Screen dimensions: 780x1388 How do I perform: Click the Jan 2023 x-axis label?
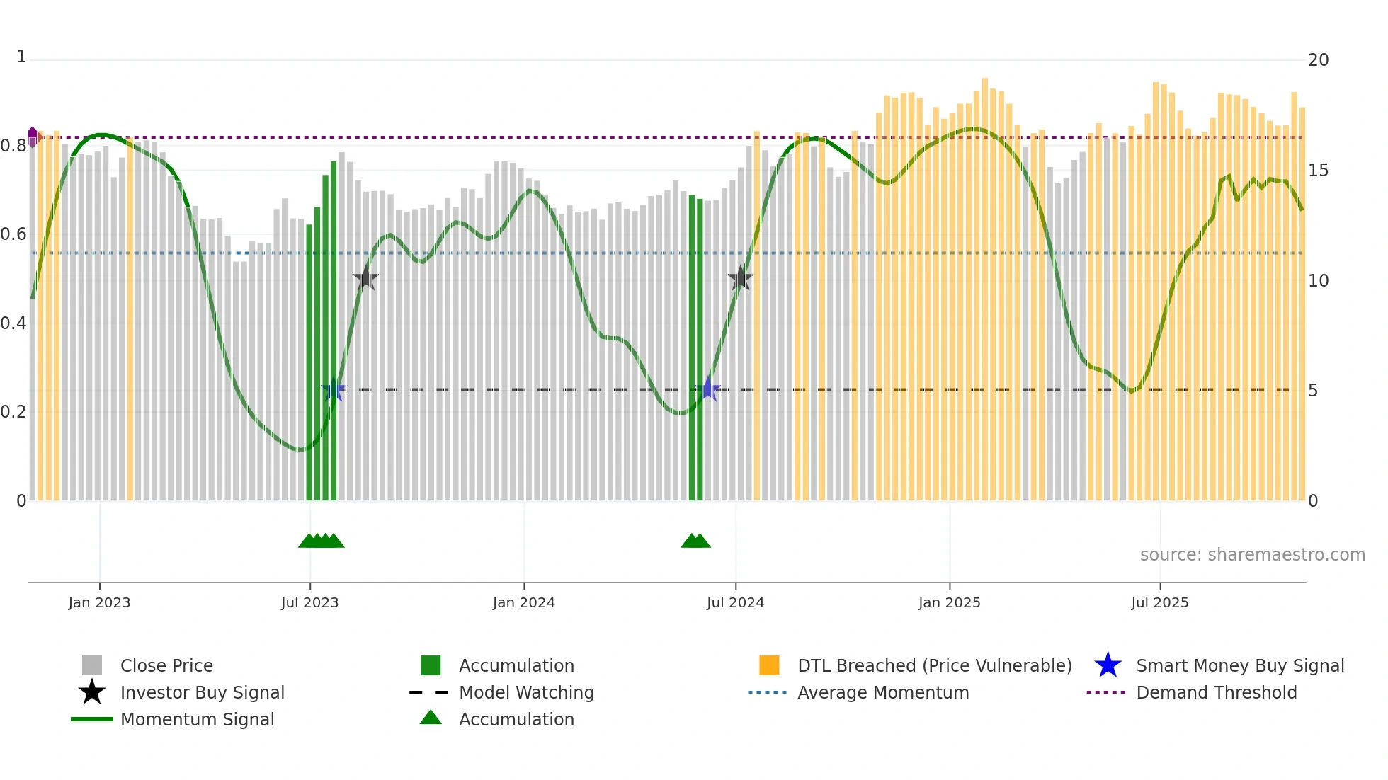point(99,602)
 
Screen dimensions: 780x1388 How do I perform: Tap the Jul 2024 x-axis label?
point(735,602)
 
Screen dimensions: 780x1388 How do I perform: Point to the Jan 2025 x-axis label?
point(949,602)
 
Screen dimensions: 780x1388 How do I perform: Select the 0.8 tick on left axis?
point(13,146)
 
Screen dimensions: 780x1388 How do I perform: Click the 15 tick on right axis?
point(1318,171)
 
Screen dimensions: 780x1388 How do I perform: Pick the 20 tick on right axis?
point(1318,60)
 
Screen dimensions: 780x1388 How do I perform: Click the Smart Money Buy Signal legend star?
point(1108,665)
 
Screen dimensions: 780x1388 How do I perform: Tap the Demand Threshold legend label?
point(1216,692)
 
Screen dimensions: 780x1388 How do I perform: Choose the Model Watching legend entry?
point(525,692)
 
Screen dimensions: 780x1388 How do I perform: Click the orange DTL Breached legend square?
point(769,665)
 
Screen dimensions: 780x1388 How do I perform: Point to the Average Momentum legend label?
point(883,692)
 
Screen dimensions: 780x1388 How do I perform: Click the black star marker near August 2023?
point(366,279)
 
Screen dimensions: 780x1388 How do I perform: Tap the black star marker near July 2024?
point(740,279)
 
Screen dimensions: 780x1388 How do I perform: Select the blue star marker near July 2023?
point(334,390)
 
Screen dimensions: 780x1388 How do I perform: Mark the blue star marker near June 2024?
point(707,389)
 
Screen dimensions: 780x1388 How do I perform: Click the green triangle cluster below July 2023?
point(321,541)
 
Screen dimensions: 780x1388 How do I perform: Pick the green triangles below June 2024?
point(695,541)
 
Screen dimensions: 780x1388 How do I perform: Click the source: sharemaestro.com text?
point(1252,555)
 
